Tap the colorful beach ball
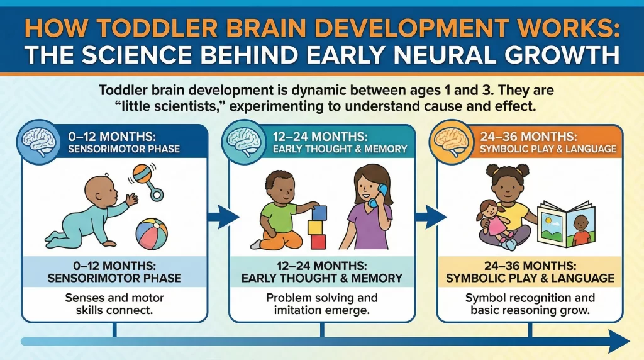(152, 233)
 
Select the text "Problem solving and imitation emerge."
(322, 304)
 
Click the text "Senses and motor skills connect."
(114, 304)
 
